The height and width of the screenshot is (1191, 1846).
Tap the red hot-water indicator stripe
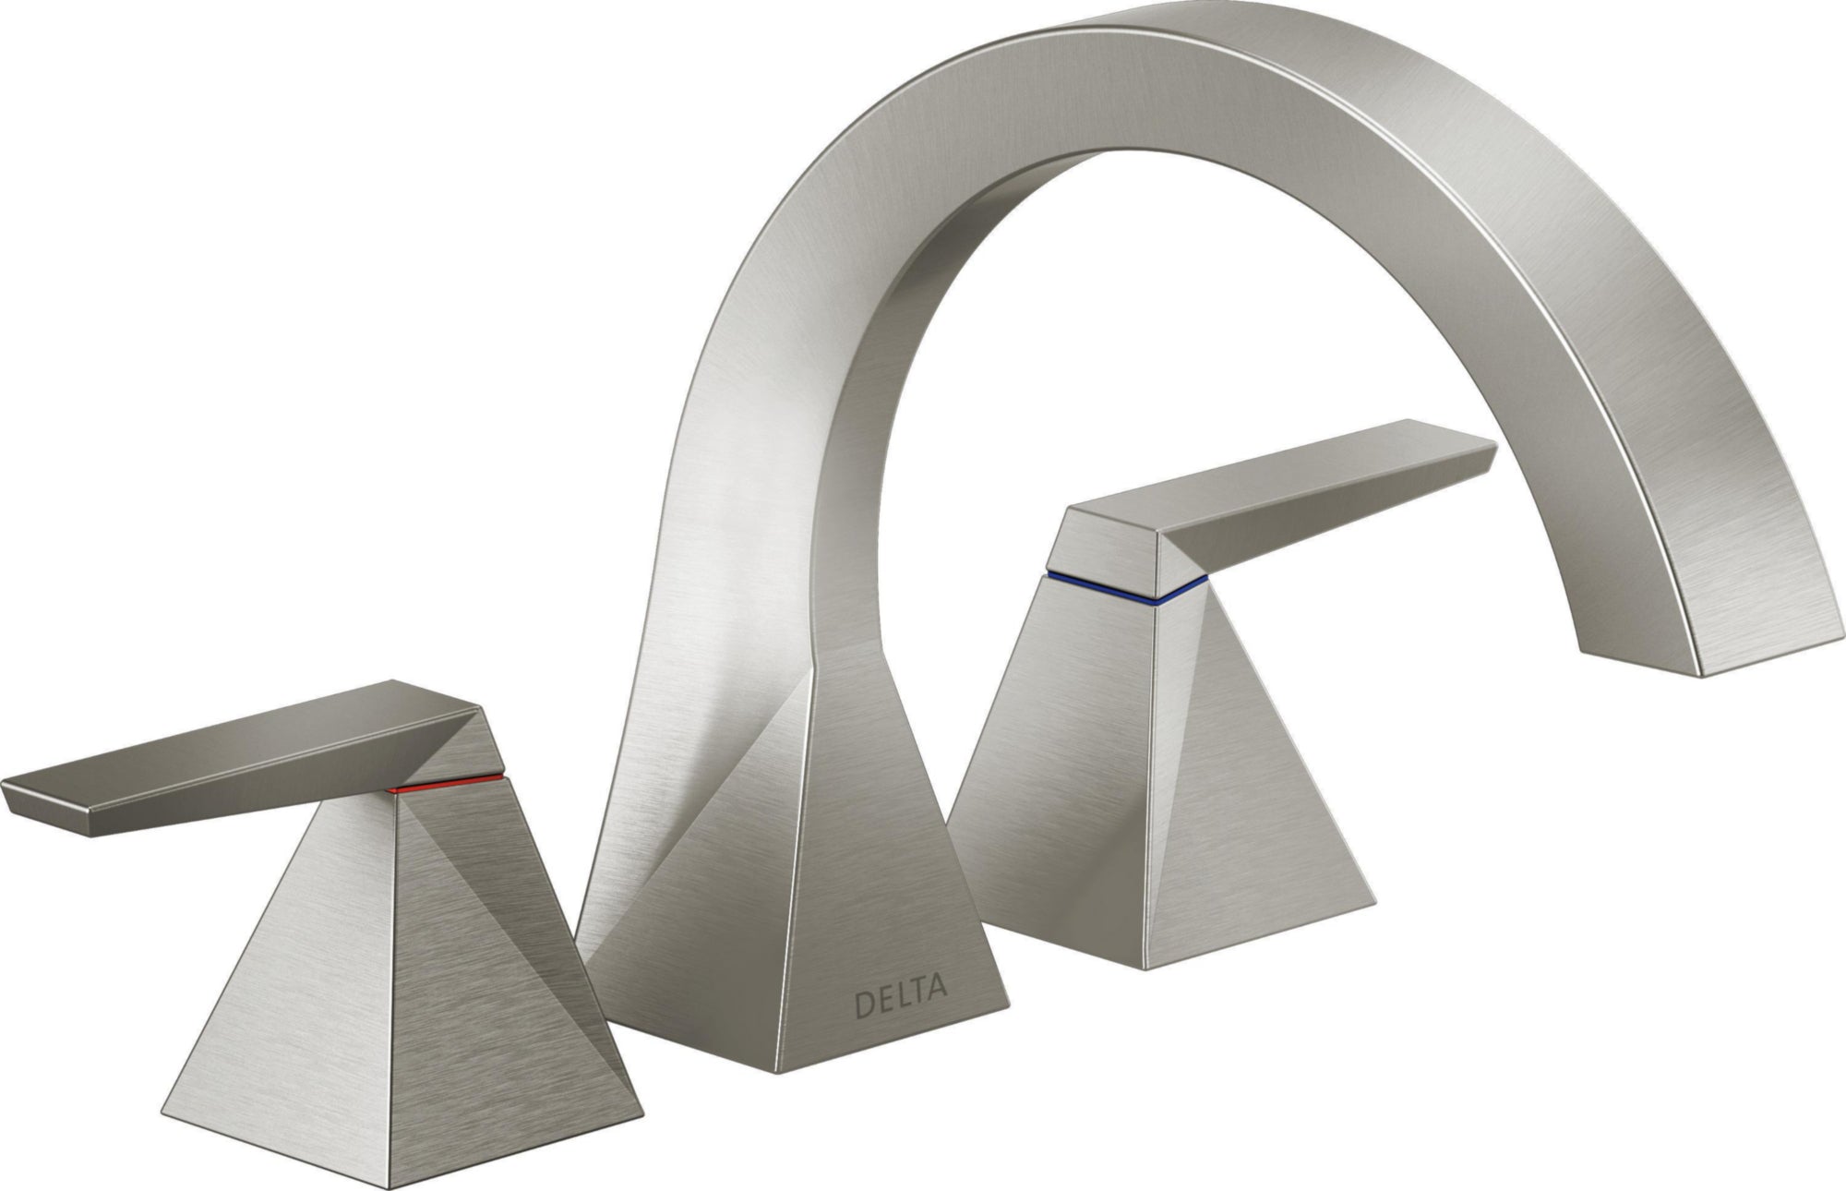[447, 785]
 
